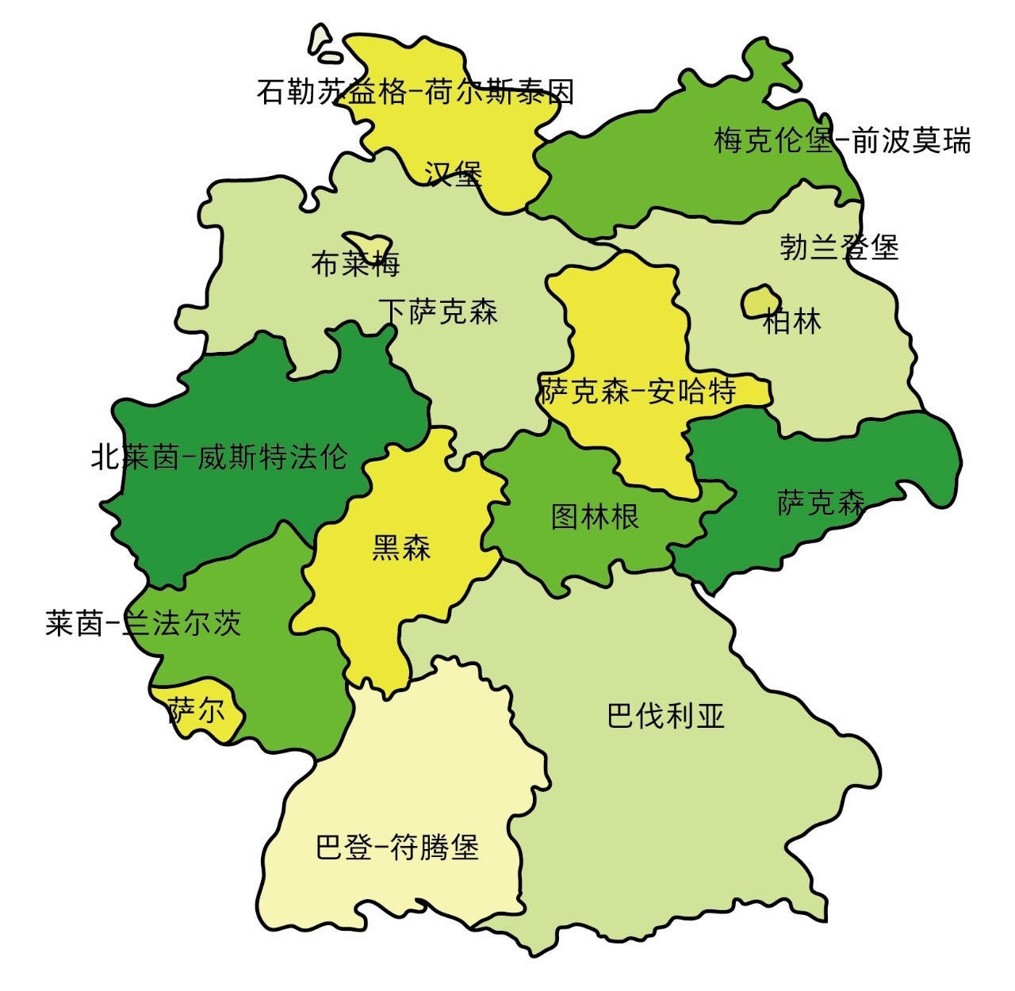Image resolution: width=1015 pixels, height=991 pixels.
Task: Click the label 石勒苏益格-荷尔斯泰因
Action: [x=415, y=93]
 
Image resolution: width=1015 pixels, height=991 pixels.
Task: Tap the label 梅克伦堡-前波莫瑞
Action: [x=841, y=141]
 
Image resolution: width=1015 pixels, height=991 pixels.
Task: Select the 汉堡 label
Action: [x=454, y=174]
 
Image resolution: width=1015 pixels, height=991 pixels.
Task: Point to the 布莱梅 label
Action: [x=355, y=263]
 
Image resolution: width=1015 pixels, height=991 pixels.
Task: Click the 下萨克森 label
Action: [x=439, y=312]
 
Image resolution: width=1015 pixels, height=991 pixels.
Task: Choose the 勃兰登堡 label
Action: [x=839, y=247]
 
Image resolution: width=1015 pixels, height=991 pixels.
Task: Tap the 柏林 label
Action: [x=791, y=322]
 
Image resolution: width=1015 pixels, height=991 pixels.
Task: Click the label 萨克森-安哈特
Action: [x=638, y=391]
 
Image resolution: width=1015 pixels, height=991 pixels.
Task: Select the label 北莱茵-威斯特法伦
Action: [x=219, y=457]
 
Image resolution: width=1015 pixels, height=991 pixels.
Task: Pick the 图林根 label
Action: [x=595, y=518]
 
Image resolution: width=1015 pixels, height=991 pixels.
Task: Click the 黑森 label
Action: [x=401, y=548]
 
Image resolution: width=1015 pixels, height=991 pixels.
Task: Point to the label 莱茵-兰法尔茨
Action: [x=143, y=623]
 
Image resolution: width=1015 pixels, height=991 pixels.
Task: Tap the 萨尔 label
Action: [x=196, y=710]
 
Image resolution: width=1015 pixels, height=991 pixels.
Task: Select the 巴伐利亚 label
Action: [x=665, y=716]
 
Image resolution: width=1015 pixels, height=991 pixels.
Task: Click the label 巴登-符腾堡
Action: [x=397, y=848]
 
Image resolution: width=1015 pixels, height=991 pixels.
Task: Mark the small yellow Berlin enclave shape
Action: [x=757, y=300]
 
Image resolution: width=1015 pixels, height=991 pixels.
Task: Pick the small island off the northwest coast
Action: [x=320, y=40]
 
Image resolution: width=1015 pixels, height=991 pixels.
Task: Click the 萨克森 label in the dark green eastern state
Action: [x=821, y=502]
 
